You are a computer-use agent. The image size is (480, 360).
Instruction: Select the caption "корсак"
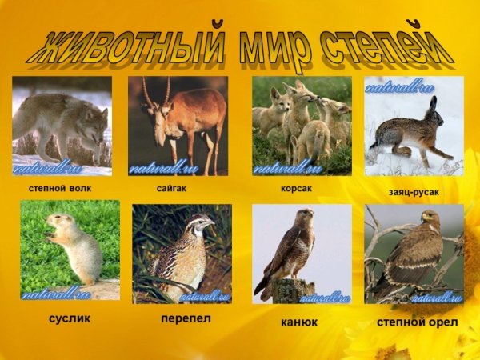[297, 188]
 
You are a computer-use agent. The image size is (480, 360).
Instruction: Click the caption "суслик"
[70, 318]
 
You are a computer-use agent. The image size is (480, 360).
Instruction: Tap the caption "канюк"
[299, 322]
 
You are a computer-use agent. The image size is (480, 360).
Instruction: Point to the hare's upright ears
[431, 106]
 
